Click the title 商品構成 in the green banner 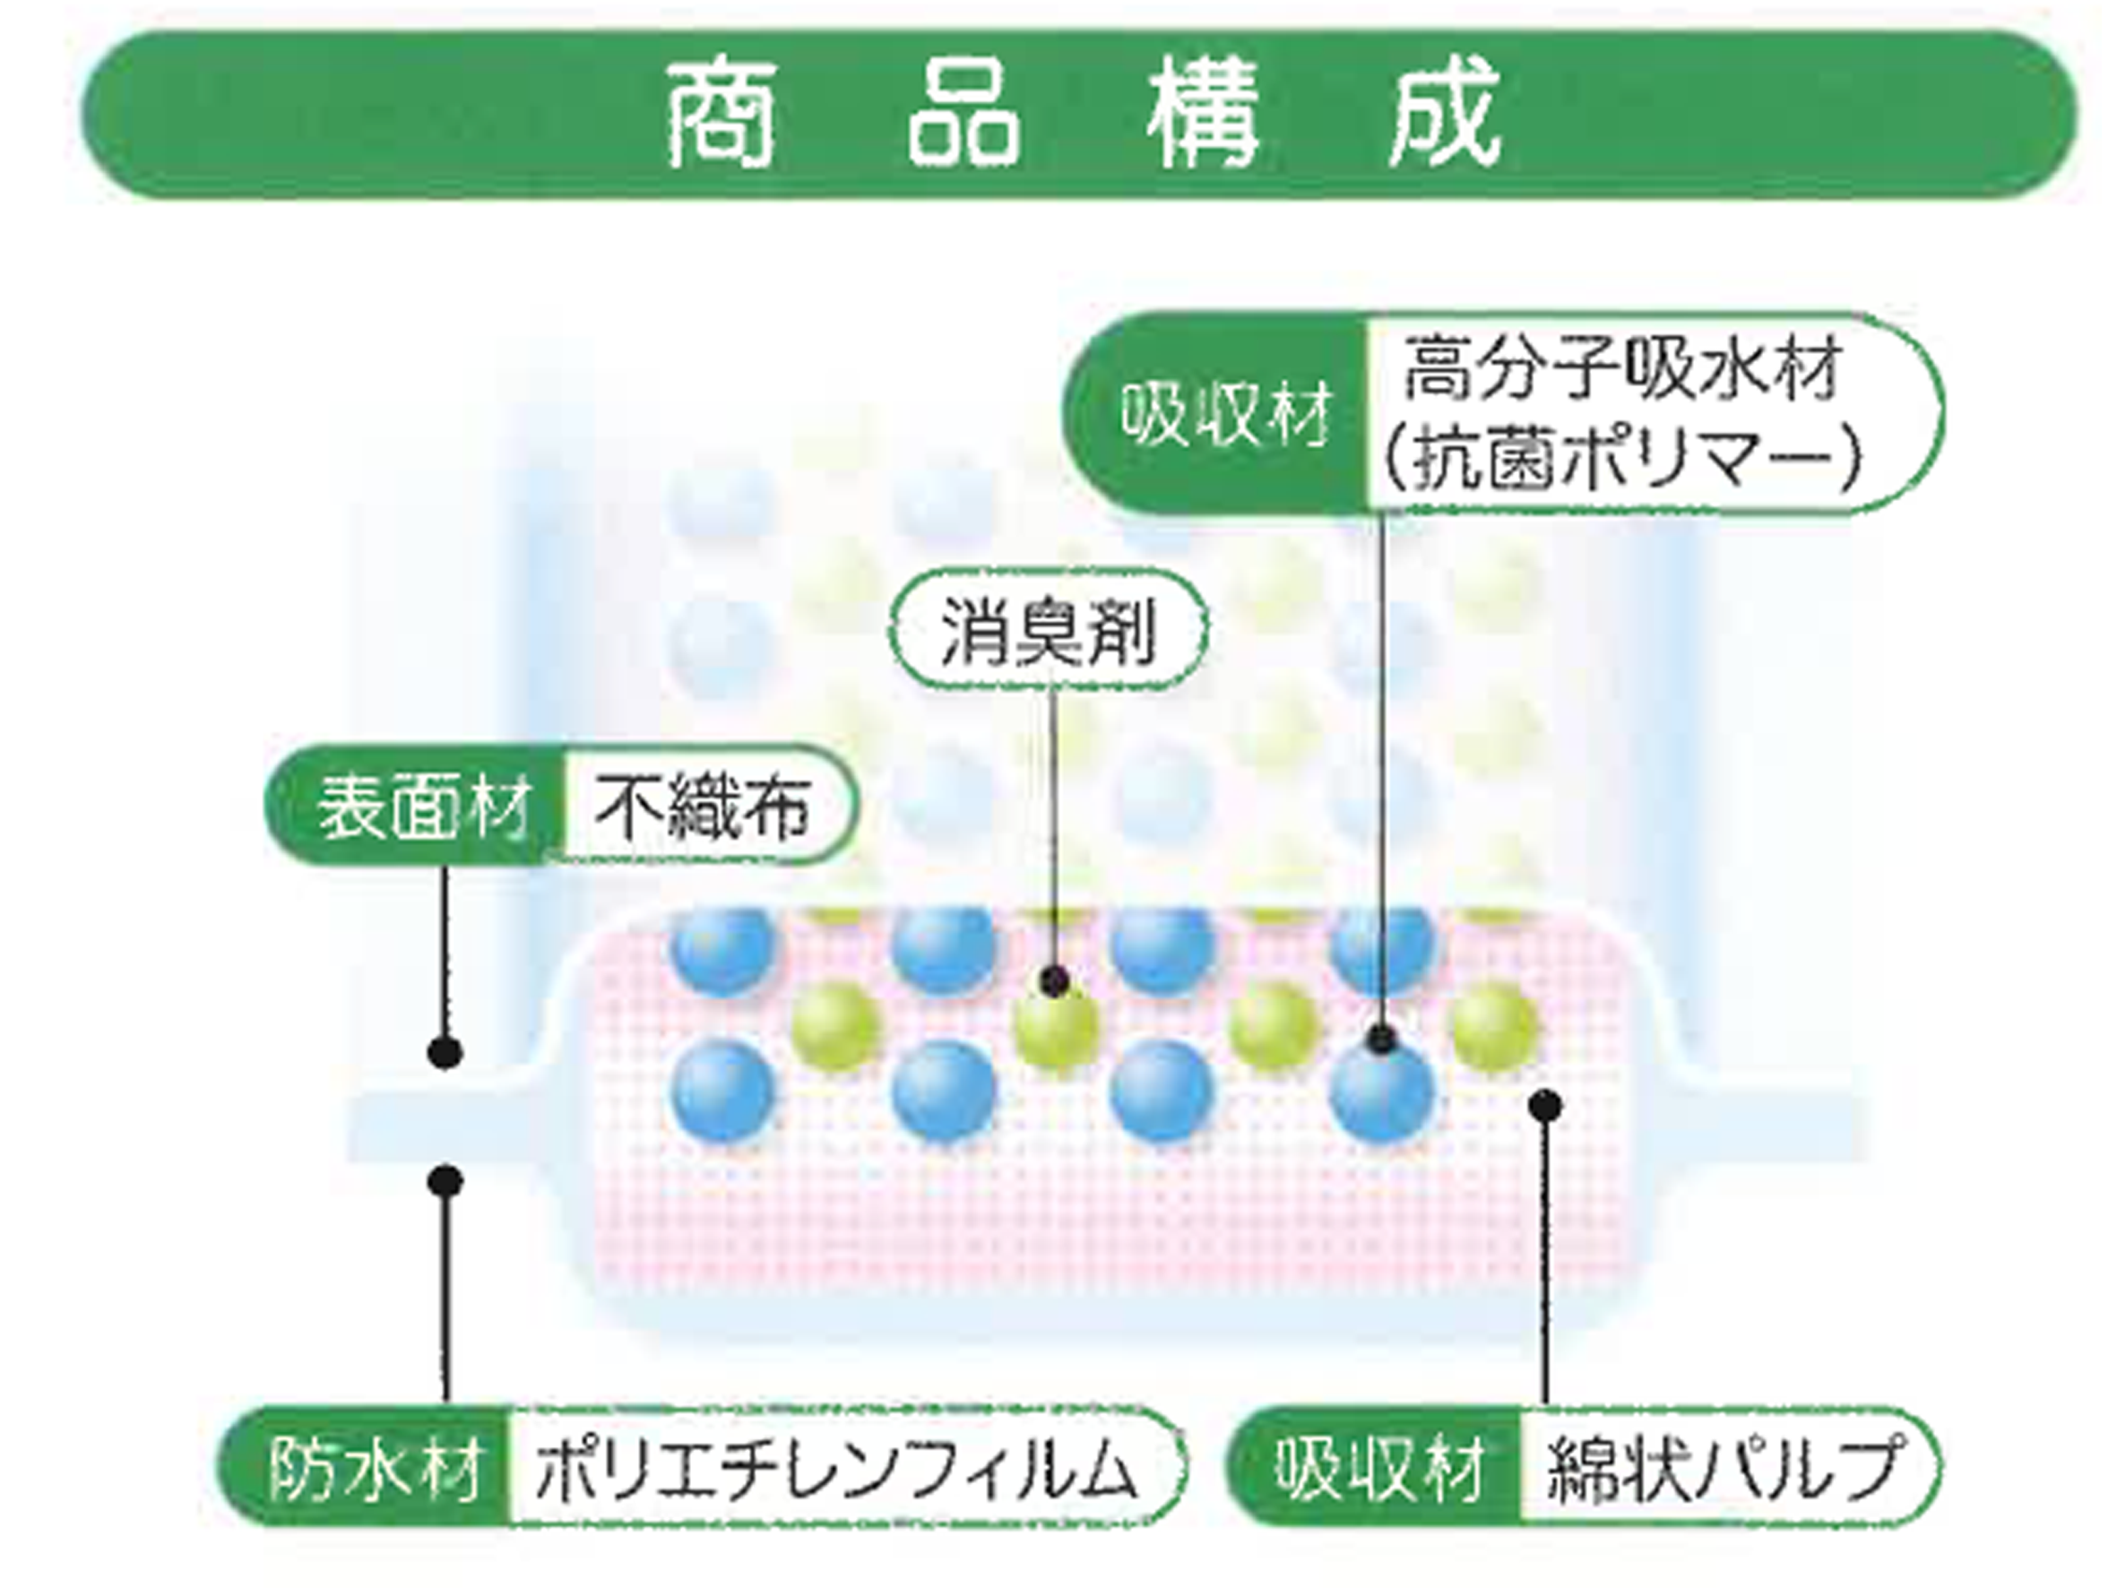point(1082,115)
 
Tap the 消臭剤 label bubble point(1049,629)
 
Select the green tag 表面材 point(421,806)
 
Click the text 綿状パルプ point(1723,1467)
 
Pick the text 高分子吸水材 point(1622,370)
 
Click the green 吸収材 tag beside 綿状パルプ point(1378,1467)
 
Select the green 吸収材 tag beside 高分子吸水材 point(1225,414)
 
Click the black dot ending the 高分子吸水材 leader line point(1380,1038)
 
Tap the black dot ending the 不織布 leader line point(444,1053)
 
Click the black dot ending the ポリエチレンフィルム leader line point(444,1180)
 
